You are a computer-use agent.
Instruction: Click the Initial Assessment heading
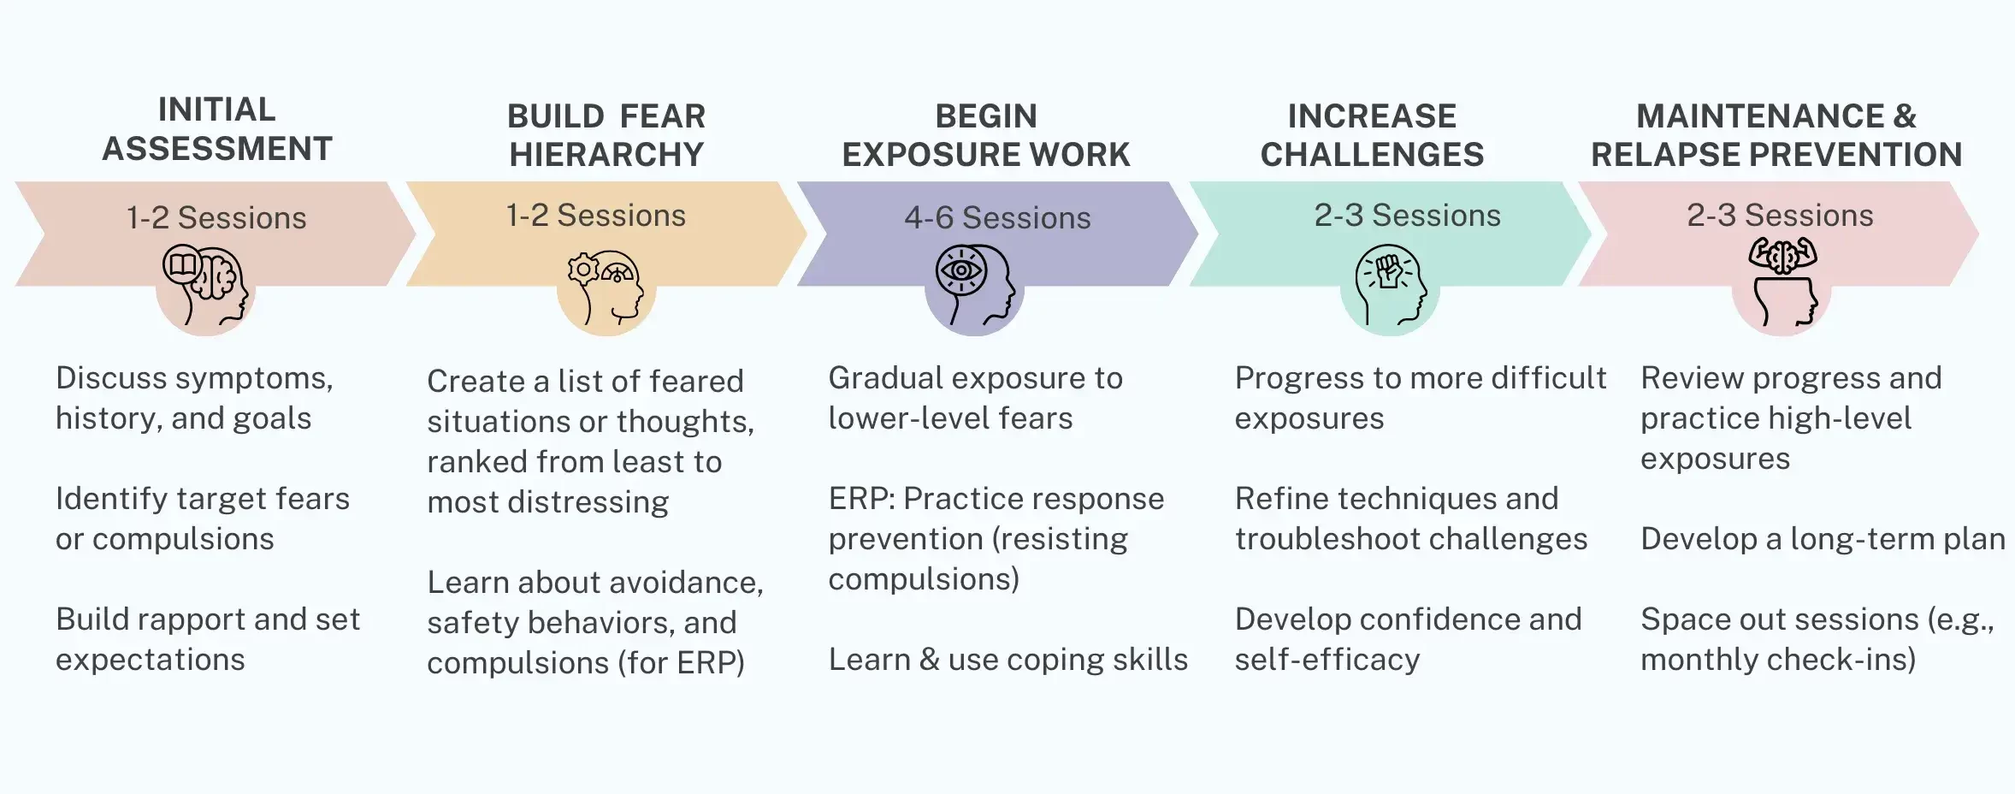[216, 129]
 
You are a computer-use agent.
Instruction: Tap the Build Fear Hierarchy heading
[606, 135]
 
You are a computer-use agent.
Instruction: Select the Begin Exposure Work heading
[985, 135]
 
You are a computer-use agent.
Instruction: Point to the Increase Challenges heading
[1372, 135]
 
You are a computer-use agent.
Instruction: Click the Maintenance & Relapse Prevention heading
[1776, 135]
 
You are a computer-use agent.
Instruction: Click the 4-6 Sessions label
[997, 218]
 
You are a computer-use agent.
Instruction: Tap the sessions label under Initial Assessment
[216, 218]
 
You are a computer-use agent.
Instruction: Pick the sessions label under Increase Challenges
[1407, 216]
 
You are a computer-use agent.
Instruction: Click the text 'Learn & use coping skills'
[1007, 660]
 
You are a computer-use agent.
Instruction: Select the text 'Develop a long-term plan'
[1822, 539]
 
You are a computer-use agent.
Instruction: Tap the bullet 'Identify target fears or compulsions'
[203, 518]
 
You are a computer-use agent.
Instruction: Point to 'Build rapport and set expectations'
[208, 639]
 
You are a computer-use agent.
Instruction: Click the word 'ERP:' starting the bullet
[861, 499]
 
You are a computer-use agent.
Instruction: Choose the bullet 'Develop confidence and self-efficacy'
[1408, 639]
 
